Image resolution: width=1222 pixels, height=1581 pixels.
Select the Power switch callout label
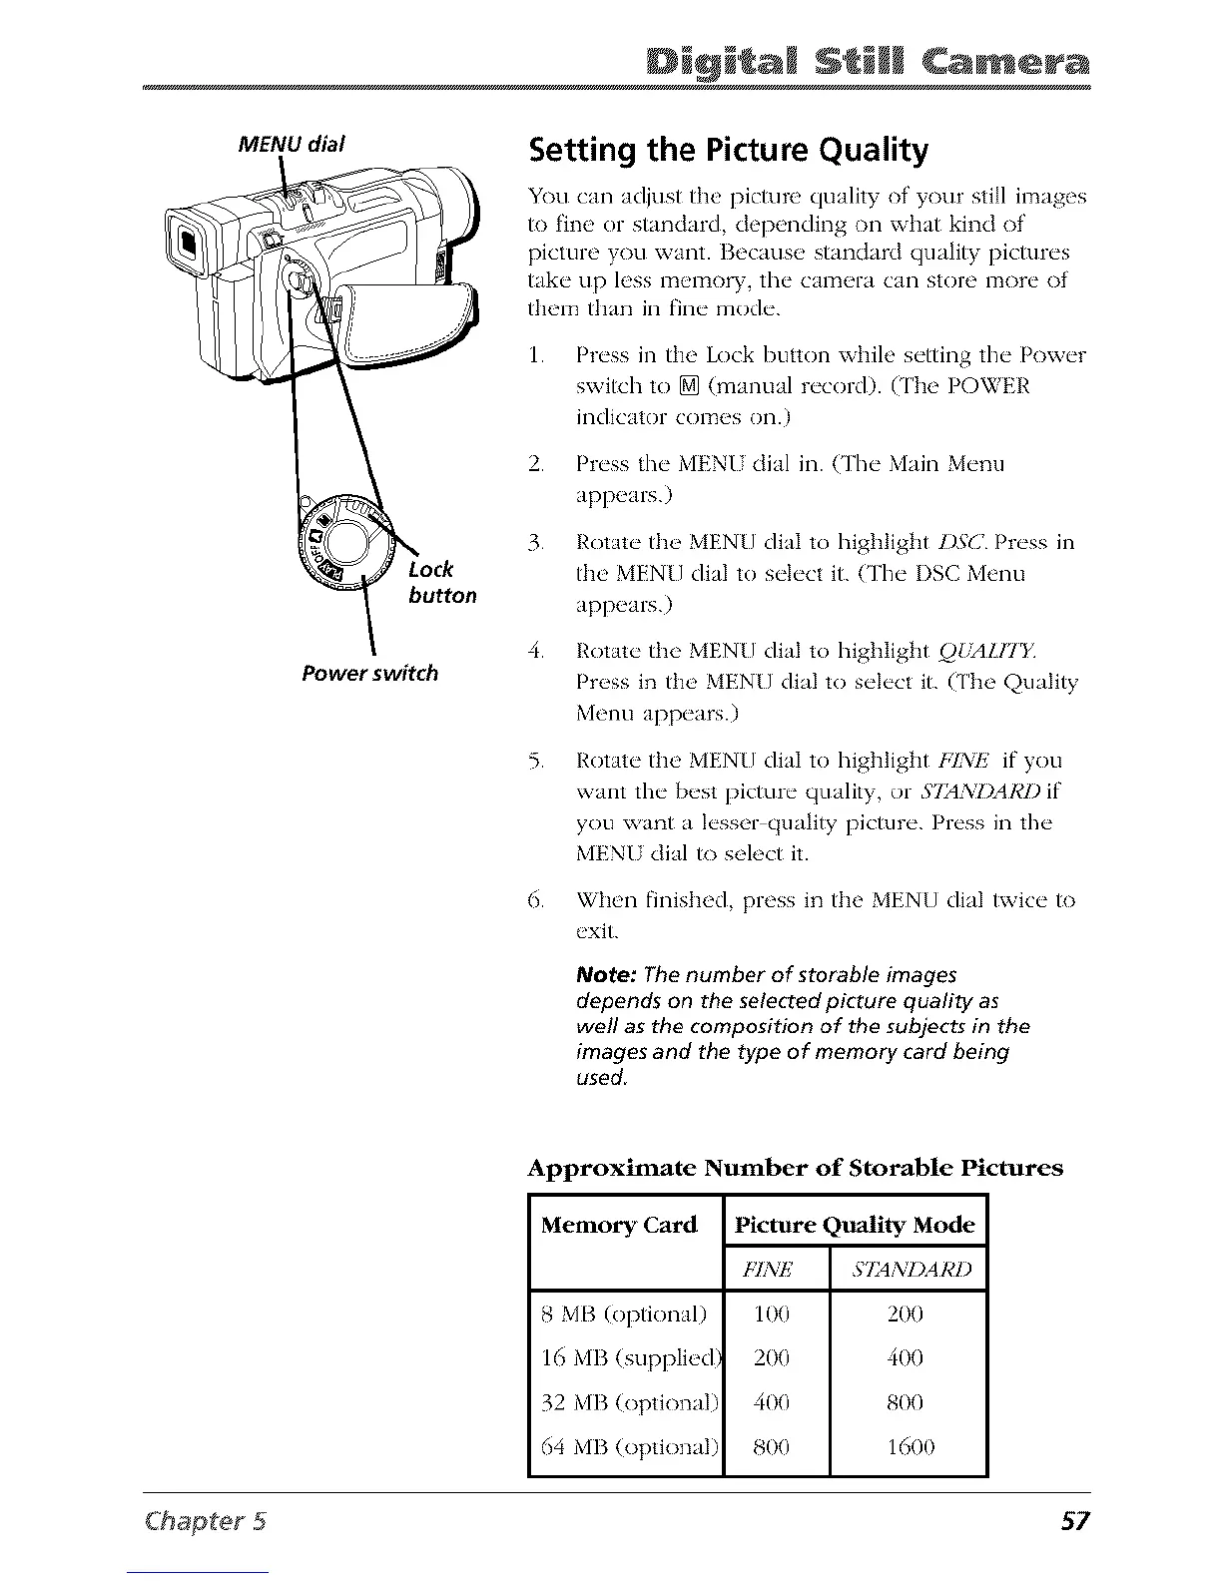[x=369, y=673]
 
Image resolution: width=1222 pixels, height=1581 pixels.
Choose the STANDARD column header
[x=908, y=1270]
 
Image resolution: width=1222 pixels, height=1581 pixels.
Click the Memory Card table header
[x=618, y=1225]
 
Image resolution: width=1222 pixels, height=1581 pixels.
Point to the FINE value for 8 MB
[x=772, y=1314]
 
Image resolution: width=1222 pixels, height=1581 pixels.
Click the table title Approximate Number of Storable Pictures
[x=795, y=1167]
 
